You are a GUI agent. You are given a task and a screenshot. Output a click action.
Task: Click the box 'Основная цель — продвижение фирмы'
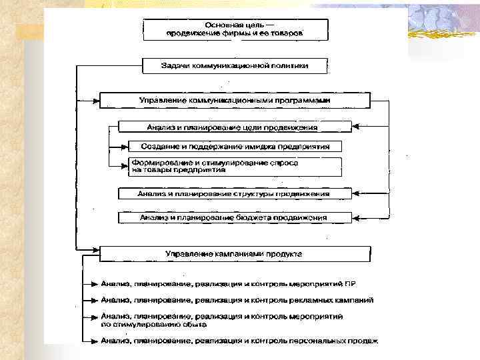pos(235,29)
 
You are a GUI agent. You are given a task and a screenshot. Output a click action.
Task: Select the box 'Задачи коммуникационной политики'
pos(235,66)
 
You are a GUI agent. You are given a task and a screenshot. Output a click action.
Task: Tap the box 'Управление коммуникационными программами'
pos(235,100)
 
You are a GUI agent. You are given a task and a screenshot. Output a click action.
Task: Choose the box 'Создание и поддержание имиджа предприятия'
pos(235,146)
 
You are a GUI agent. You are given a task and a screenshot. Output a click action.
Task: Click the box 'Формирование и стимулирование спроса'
pos(235,166)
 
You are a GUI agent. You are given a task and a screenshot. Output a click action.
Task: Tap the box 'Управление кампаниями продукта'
pos(235,254)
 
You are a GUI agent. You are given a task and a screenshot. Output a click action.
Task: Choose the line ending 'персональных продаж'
pos(239,341)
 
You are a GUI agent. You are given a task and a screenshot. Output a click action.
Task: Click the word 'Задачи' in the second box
pos(175,66)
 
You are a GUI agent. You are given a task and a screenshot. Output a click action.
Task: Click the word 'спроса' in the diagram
pos(284,162)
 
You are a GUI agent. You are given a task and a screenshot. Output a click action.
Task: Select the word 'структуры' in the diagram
pos(260,194)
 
